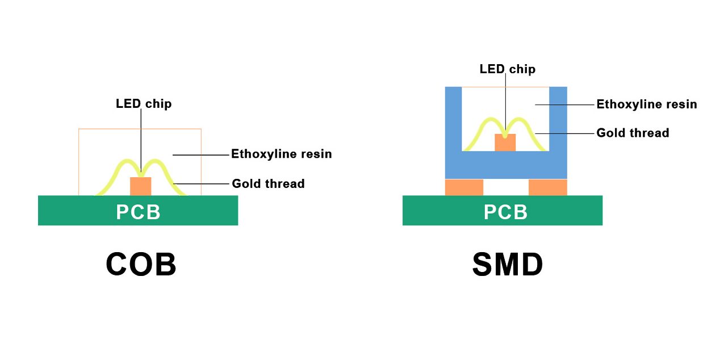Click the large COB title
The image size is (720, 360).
141,265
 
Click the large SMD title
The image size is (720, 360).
507,265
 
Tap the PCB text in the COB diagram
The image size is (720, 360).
138,212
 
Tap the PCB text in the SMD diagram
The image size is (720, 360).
505,212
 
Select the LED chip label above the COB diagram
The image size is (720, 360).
143,104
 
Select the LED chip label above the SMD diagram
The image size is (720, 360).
507,69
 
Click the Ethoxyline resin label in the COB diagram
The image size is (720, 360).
281,154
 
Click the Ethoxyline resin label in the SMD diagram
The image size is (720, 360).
646,104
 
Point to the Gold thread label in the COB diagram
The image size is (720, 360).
268,184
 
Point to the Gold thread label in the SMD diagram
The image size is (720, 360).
633,133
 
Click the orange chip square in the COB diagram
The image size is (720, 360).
141,186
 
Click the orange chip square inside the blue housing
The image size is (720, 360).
505,143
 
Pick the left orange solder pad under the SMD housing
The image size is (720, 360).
464,187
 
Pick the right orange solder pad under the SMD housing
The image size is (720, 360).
547,187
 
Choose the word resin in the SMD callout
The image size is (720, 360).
681,104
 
